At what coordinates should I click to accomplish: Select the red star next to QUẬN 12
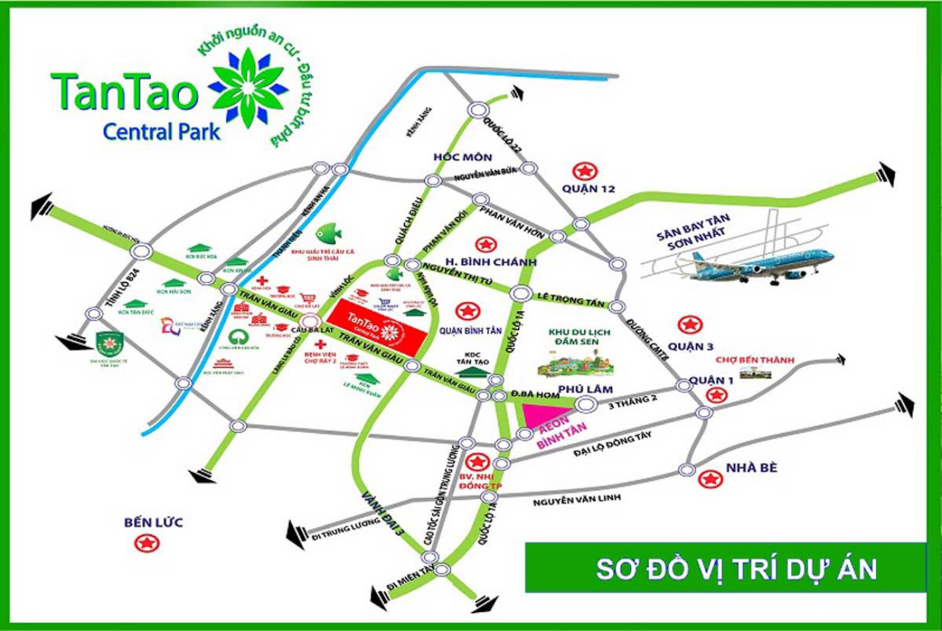[x=583, y=171]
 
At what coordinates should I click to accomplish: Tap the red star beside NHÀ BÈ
[x=710, y=479]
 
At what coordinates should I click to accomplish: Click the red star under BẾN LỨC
[x=149, y=543]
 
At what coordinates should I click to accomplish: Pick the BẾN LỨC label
[x=153, y=522]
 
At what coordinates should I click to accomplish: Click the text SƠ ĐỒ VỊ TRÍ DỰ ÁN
[x=736, y=569]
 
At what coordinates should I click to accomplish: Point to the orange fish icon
[x=329, y=232]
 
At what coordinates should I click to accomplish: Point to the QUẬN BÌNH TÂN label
[x=470, y=333]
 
